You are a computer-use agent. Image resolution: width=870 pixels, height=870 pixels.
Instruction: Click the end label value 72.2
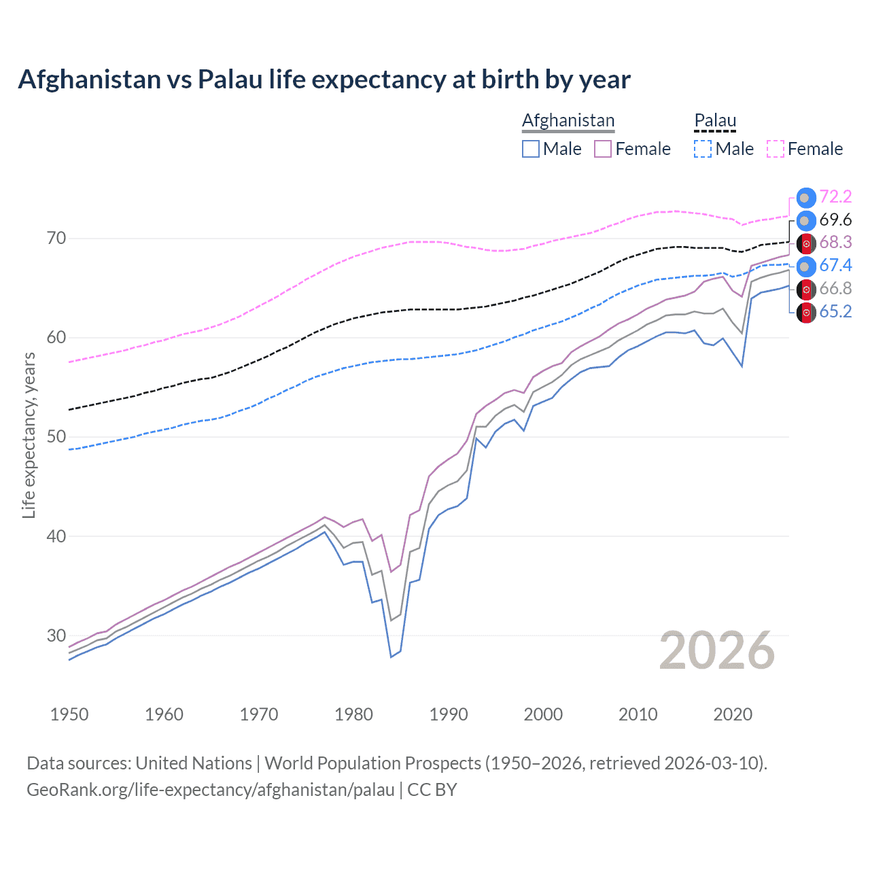pos(835,197)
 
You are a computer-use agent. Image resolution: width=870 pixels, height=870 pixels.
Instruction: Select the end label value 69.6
pos(835,220)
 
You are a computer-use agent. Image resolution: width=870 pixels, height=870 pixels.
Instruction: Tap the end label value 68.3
pos(835,243)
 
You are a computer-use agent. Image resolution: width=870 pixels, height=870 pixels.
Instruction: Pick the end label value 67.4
pos(835,266)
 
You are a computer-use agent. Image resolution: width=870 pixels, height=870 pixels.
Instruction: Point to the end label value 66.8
pos(835,289)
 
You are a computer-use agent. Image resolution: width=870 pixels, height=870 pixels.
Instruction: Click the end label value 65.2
pos(835,312)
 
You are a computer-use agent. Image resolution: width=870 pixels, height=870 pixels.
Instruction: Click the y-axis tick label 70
pos(56,239)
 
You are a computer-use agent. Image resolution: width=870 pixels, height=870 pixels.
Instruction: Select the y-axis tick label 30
pos(56,636)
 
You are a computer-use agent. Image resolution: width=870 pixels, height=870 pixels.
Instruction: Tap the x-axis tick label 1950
pos(69,714)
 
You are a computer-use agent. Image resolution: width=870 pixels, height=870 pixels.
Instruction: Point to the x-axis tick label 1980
pos(353,714)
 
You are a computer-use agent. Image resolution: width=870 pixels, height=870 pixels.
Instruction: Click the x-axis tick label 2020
pos(733,714)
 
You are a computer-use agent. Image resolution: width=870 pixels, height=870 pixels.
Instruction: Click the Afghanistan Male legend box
pos(531,149)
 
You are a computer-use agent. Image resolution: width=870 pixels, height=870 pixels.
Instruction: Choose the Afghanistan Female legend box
pos(603,149)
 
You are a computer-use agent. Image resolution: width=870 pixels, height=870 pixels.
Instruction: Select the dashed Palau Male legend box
pos(703,149)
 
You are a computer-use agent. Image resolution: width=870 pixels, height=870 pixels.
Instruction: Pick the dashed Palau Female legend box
pos(775,149)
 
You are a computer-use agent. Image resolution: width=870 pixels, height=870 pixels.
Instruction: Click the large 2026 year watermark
pos(717,651)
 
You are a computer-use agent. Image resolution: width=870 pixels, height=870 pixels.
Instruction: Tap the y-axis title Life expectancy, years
pos(29,436)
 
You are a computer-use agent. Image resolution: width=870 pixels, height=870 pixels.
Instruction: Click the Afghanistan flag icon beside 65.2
pos(806,312)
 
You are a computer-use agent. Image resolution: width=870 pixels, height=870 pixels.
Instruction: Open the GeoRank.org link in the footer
pos(211,790)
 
